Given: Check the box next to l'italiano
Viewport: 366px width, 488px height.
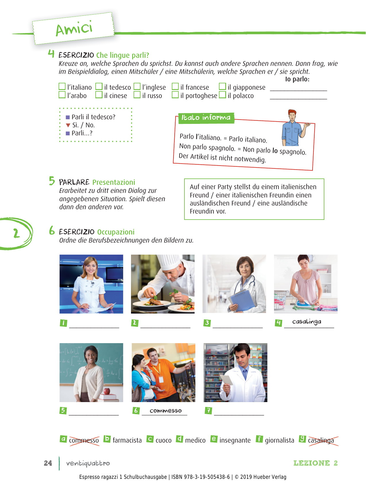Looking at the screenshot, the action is (x=62, y=87).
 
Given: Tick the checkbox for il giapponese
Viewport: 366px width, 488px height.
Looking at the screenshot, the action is (x=222, y=87).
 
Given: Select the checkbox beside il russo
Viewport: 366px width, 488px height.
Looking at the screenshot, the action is (x=137, y=95).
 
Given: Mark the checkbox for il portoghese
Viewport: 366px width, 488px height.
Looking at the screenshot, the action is (x=175, y=95).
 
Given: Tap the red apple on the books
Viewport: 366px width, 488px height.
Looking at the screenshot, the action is (x=107, y=391).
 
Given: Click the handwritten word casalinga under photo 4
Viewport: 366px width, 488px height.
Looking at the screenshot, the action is (x=307, y=322).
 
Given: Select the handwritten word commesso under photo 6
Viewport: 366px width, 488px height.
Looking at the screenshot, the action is (x=165, y=411).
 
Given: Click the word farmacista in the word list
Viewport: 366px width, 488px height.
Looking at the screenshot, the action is (x=127, y=440).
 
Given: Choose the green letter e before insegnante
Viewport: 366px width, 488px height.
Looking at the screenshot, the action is (x=214, y=439).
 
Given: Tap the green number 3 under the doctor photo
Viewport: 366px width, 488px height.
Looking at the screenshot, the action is (x=207, y=323).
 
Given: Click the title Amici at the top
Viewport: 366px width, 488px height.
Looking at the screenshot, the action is (x=74, y=28).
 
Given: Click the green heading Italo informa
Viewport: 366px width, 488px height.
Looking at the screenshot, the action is (x=206, y=118).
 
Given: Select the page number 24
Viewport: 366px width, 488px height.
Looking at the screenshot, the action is (x=48, y=463).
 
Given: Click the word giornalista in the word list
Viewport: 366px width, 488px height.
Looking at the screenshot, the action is (x=280, y=440).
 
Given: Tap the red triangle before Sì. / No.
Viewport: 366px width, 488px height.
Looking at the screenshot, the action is (x=68, y=125).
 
